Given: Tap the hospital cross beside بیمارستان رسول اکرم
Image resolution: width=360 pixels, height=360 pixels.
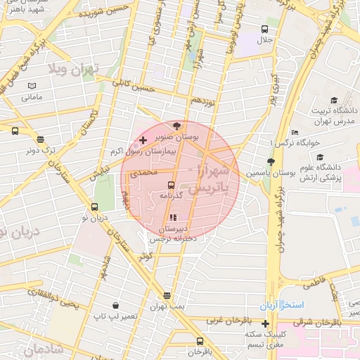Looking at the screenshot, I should coord(143,141).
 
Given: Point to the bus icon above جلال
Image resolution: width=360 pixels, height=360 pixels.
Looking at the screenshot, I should coord(264,29).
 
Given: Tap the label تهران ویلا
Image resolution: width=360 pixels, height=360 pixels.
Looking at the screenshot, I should coord(75,69).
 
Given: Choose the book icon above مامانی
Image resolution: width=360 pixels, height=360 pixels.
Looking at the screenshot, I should coord(31,86).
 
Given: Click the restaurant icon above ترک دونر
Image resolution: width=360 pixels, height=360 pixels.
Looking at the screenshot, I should coord(40,139).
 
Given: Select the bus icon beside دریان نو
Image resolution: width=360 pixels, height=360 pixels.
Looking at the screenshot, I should coord(95,207).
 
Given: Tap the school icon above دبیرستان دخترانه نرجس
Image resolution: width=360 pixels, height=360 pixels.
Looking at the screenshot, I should coord(174,218).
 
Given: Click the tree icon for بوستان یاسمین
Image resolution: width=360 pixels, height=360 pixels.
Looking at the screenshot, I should coord(271,162).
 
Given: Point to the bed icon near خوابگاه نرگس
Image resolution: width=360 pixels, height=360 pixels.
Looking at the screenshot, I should coord(294,133).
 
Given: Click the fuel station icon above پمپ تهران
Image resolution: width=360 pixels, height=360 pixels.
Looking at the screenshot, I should coord(167,296).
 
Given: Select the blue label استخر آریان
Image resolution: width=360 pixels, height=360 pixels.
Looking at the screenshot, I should coord(281,307).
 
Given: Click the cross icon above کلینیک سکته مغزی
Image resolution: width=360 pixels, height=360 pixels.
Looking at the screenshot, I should coord(264,324).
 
